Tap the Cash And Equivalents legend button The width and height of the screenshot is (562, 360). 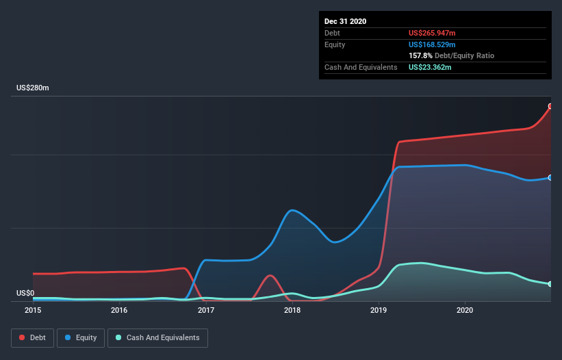click(x=157, y=337)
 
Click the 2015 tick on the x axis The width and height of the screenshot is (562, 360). click(x=33, y=311)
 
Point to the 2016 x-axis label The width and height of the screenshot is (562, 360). click(x=119, y=311)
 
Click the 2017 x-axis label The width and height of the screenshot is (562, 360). click(x=206, y=311)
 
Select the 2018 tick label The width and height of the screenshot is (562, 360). click(x=292, y=311)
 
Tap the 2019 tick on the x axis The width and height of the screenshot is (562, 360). click(x=379, y=311)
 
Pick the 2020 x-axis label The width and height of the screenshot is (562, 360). click(x=465, y=311)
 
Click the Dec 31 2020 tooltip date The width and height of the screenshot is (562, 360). click(x=345, y=21)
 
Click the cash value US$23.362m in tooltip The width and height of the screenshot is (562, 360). click(x=430, y=67)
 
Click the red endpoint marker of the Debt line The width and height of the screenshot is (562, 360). click(x=550, y=106)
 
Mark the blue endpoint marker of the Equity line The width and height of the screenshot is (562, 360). click(x=550, y=177)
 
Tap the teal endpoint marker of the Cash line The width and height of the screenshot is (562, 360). click(x=550, y=284)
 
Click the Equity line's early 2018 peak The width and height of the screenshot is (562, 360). click(x=292, y=210)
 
